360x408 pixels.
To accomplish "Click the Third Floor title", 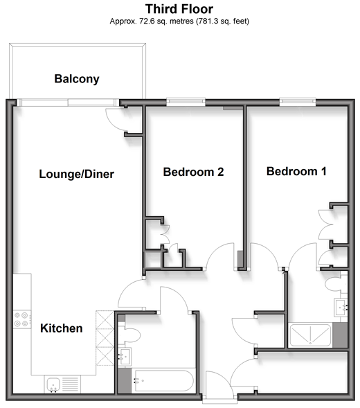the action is pos(179,9).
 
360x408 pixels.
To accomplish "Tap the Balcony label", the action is pos(77,79).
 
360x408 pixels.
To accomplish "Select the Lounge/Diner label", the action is pos(76,174).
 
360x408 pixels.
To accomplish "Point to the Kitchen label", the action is pos(62,328).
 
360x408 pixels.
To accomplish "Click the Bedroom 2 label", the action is pos(193,172).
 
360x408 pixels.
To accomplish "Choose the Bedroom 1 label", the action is pos(296,171).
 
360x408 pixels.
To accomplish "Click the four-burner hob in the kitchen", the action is pos(22,319).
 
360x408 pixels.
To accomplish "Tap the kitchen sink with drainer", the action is pos(62,384).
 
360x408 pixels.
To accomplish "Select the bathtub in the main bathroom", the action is pos(163,380).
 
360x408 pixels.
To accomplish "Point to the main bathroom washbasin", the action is pos(125,357).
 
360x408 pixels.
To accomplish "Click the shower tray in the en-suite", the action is pos(310,335).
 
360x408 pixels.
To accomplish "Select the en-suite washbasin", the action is pos(341,308).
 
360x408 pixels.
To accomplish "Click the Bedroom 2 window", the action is pos(186,102).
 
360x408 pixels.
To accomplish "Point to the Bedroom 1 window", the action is pos(298,102).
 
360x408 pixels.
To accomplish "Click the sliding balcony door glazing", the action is pos(68,103).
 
